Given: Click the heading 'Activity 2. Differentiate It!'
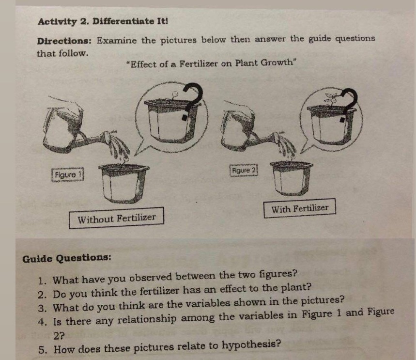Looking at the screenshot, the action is click(103, 21).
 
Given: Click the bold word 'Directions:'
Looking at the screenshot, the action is click(64, 41).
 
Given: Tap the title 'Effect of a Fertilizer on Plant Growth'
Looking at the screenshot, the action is click(212, 63).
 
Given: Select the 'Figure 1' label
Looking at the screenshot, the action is click(68, 175).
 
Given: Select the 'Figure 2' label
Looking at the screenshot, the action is click(244, 170).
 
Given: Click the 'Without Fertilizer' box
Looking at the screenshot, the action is click(116, 218).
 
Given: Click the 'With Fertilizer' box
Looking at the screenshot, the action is click(300, 208).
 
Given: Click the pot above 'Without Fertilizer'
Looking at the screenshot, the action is click(123, 183).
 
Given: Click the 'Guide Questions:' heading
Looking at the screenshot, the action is click(67, 258).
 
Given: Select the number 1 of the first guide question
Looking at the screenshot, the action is click(41, 281).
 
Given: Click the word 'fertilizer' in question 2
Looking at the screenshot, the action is click(160, 292).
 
